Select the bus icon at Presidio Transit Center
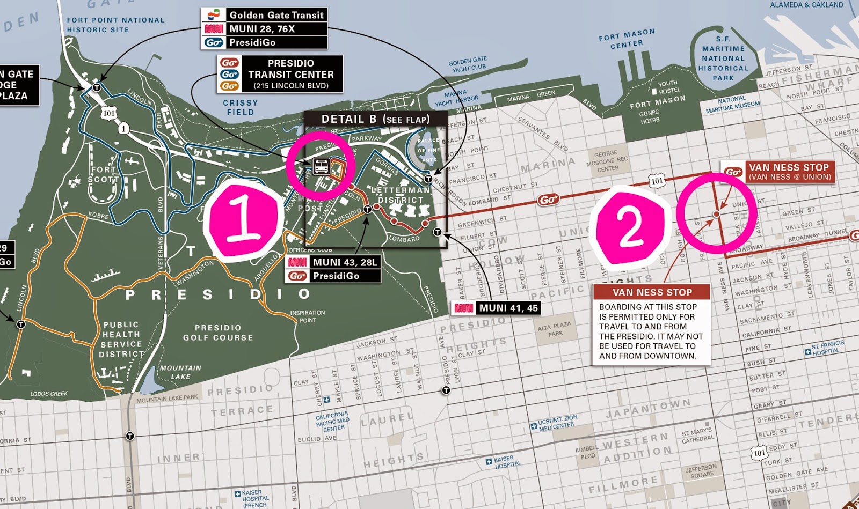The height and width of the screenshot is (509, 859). tap(321, 166)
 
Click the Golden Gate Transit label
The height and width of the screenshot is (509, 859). tap(276, 15)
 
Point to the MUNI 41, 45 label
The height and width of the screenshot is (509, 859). tap(508, 308)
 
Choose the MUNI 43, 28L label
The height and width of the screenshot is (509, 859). tap(345, 262)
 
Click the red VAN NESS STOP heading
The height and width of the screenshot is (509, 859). tap(652, 292)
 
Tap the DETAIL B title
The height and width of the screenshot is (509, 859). tap(375, 119)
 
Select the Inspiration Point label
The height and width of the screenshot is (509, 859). tap(308, 316)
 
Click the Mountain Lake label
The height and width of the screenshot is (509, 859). tap(180, 372)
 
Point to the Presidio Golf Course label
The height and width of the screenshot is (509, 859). tap(218, 333)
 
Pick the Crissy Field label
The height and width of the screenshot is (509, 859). tap(241, 107)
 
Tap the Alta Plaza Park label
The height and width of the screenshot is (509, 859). tap(555, 329)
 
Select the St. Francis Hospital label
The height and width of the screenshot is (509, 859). tap(827, 348)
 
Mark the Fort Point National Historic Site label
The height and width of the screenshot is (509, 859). tap(115, 25)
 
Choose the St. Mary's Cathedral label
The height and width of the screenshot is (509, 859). tap(697, 435)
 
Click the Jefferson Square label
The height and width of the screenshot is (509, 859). tap(702, 471)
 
